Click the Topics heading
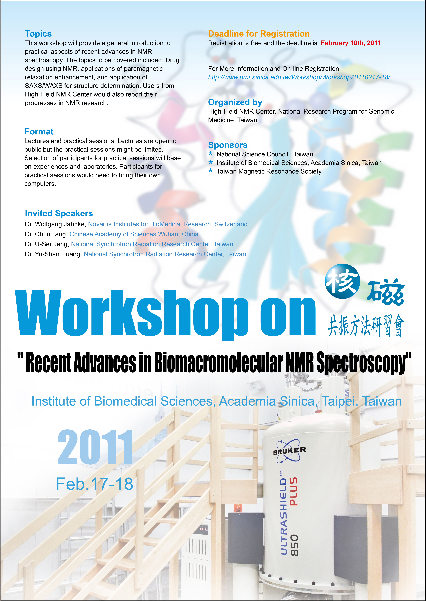point(38,34)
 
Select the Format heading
point(39,132)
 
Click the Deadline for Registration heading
point(259,34)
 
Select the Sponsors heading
point(228,145)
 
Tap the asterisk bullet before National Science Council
point(210,154)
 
